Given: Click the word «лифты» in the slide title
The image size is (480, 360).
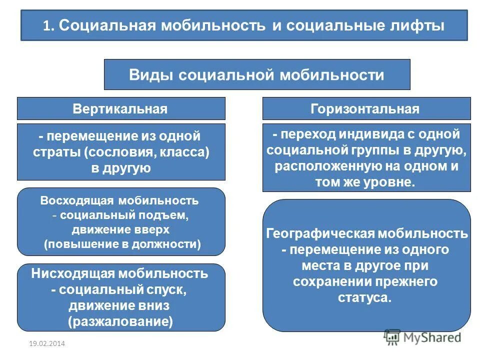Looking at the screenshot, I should [417, 25].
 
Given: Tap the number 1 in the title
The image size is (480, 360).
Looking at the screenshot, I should [46, 26].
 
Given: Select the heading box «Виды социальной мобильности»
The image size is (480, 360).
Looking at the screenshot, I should [256, 75].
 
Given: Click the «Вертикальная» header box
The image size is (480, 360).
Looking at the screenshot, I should [121, 109].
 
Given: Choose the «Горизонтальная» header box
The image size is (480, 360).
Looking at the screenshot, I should [366, 109].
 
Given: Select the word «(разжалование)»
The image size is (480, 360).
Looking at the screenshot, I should [121, 321].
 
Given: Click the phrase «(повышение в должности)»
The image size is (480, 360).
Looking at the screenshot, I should [121, 244].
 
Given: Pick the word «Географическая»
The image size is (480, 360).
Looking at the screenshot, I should [319, 233].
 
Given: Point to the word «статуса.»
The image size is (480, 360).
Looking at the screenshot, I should [366, 297].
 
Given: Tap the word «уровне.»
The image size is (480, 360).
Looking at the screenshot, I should [393, 181].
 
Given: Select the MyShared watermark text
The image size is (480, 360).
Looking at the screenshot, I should [431, 337].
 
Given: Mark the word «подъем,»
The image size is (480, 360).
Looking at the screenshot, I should [166, 215].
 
